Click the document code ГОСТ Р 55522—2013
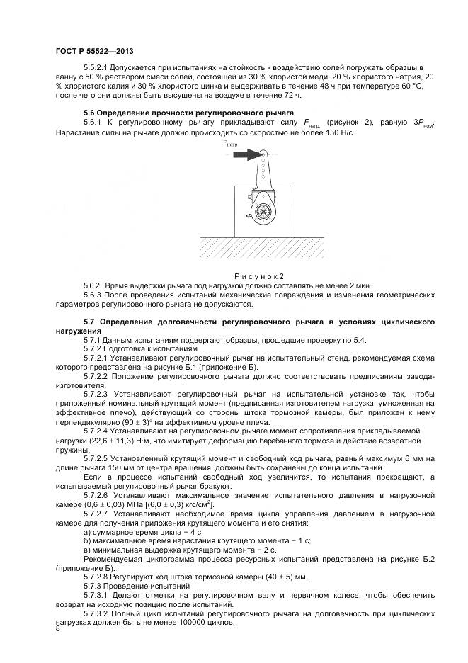93,51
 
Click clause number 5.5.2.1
99,68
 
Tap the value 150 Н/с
336,133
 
